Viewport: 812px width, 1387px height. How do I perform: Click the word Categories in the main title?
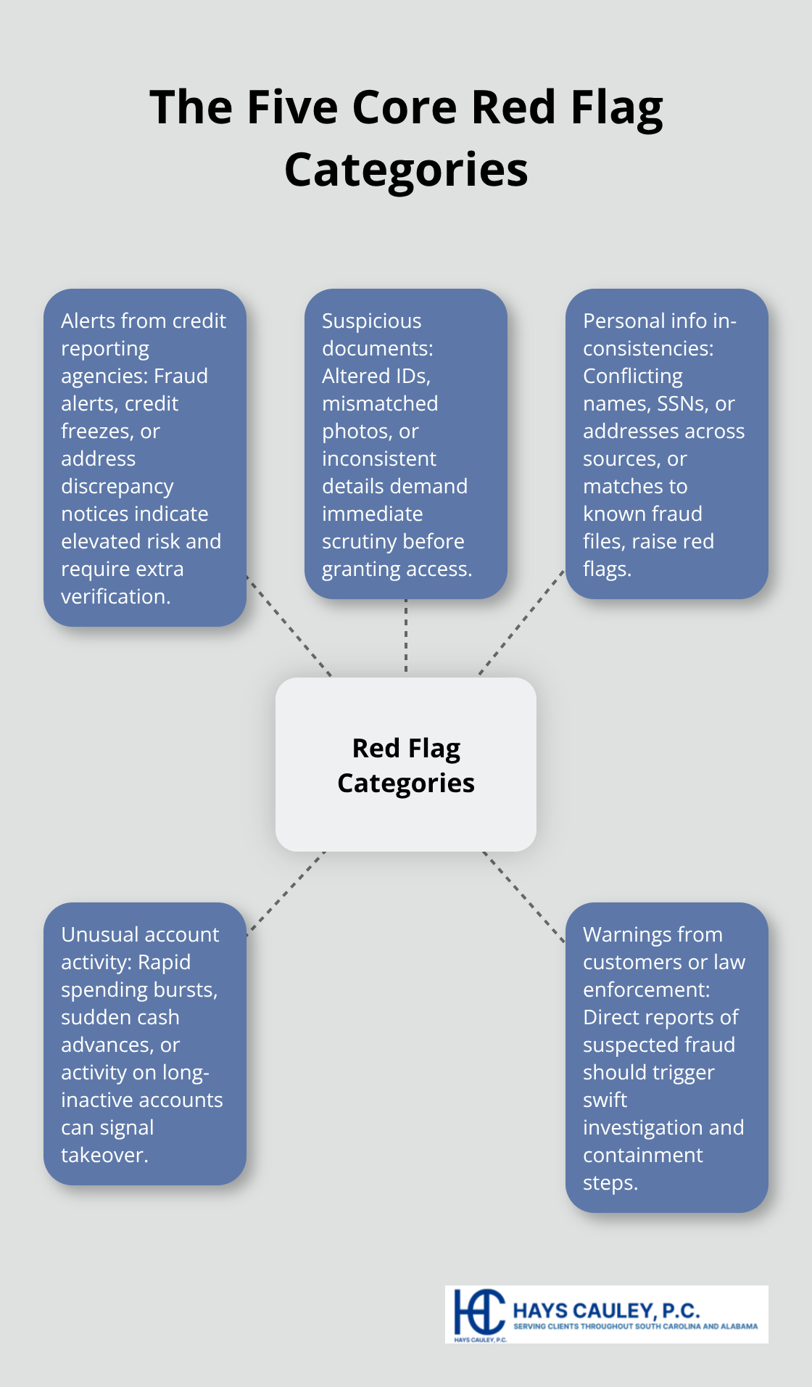tap(406, 170)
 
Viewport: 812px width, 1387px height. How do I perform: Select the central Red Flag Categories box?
tap(406, 765)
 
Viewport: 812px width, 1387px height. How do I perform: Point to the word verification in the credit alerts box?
tap(115, 596)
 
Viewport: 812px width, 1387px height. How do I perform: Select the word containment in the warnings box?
tap(642, 1155)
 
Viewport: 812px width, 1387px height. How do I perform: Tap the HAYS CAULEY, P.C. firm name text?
tap(606, 1311)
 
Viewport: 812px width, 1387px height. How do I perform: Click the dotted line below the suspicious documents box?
tap(406, 635)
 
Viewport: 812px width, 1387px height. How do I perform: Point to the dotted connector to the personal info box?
tap(521, 622)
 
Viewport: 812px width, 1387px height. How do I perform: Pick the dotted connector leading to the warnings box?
tap(523, 897)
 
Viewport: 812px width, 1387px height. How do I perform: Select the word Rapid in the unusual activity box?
tap(164, 962)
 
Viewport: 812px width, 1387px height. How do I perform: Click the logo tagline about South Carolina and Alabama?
tap(635, 1326)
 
